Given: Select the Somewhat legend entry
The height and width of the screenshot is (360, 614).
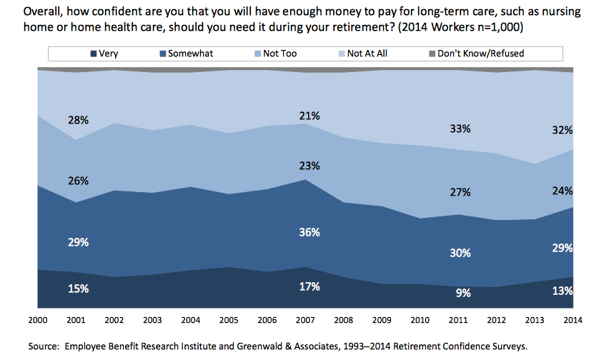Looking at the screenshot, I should point(189,54).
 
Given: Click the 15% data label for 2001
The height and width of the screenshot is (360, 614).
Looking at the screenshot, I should point(79,289).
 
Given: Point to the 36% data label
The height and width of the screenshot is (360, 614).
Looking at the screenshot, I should point(310,232).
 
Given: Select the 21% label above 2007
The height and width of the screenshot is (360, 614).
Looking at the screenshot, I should point(310,116).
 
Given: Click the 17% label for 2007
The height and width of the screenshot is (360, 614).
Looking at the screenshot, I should point(310,286).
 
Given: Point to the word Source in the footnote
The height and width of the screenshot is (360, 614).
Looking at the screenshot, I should point(44,346).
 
